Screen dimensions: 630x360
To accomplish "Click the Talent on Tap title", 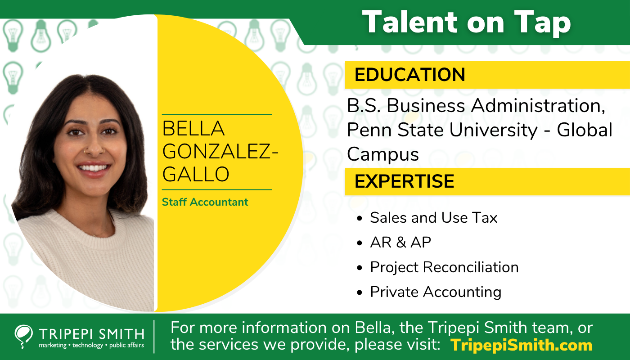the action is coord(467,22).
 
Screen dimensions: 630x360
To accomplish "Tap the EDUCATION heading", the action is coord(410,75).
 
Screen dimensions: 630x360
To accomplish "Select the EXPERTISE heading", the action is coord(404,181).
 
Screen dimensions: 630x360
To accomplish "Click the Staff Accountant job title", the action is coord(205,202).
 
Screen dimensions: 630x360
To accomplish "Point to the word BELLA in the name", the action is coord(193,129).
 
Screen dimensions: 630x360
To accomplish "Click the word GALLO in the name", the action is coord(196,175).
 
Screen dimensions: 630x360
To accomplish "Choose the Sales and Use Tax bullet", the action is coord(433,218).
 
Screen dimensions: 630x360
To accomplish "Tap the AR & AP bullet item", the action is coord(400,243).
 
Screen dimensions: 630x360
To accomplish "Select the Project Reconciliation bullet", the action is coord(444,267).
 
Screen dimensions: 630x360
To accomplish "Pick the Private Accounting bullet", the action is coord(436,292).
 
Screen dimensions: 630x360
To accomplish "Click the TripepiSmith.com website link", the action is coord(521,345).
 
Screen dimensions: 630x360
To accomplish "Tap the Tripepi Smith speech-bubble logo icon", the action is coord(23,337).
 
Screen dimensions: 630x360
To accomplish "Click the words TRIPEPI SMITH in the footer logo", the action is coord(92,334).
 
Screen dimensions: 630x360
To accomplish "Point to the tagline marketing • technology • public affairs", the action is coord(91,345).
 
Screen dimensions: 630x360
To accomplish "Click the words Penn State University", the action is coord(442,130).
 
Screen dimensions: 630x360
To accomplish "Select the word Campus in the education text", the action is coord(383,155).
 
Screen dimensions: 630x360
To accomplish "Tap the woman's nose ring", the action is coord(85,152).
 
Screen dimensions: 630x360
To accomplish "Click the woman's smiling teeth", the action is coord(93,168).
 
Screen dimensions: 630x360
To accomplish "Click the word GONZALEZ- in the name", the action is coord(220,152).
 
